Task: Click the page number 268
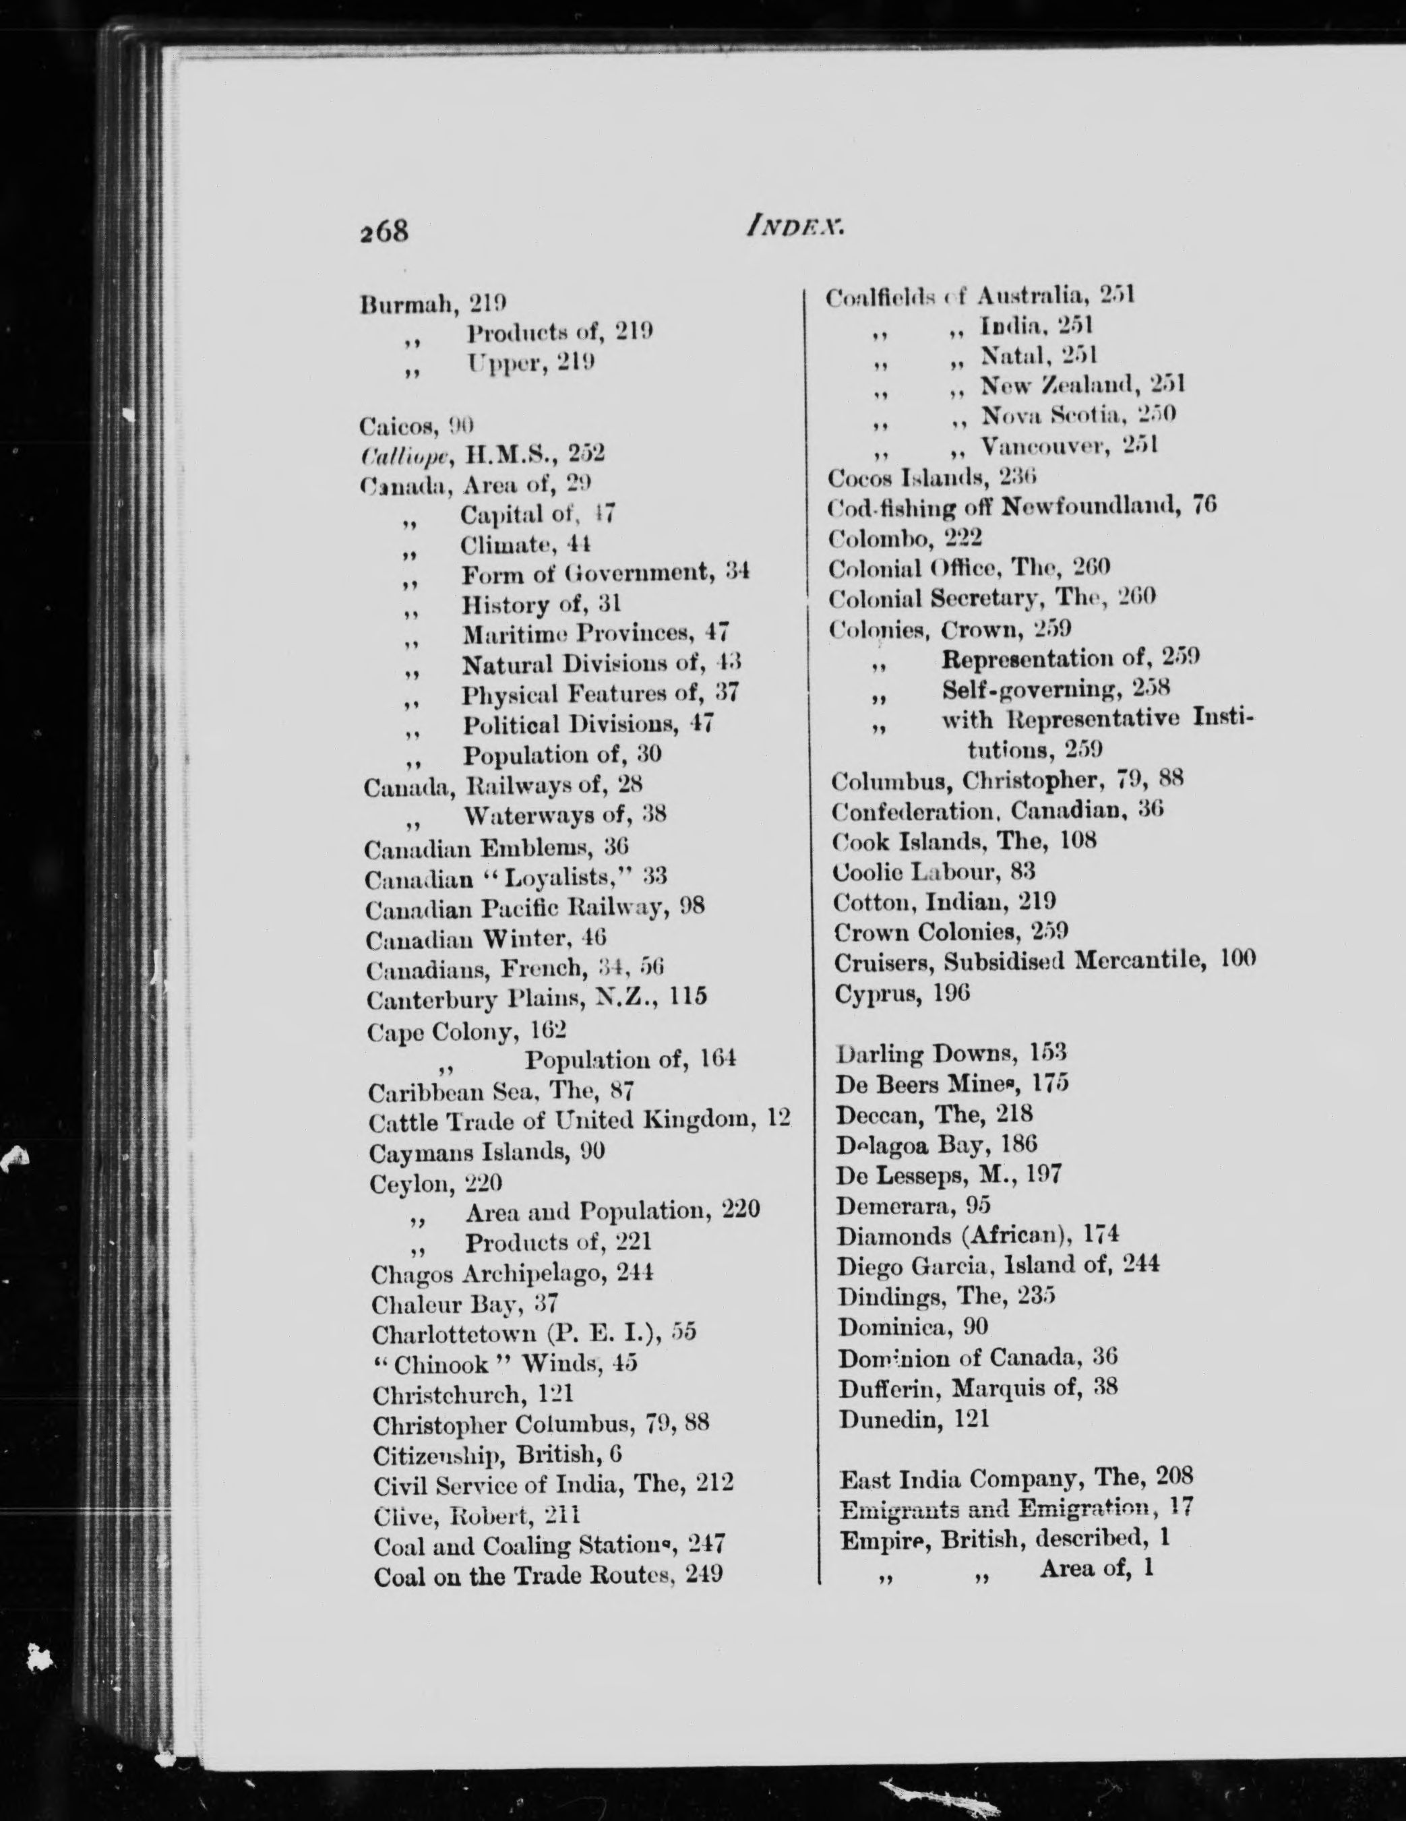tap(384, 230)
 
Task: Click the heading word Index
tap(794, 224)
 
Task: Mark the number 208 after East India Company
tap(1174, 1477)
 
